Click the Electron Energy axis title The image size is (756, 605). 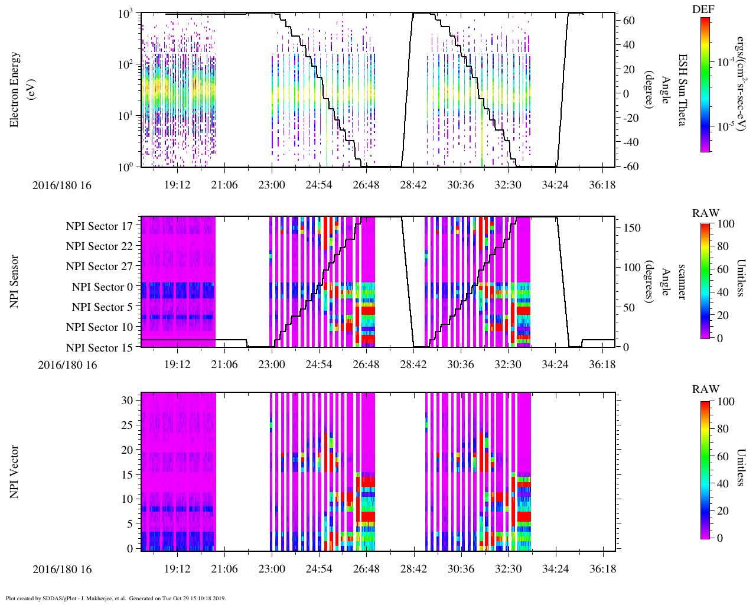click(15, 89)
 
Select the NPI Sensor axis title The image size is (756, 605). click(15, 281)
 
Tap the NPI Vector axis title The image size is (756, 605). click(15, 472)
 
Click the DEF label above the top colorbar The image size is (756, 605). click(703, 9)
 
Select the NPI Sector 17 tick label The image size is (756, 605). click(99, 226)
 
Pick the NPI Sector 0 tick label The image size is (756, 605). click(102, 287)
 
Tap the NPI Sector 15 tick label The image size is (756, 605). click(99, 348)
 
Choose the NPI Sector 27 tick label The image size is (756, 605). click(99, 266)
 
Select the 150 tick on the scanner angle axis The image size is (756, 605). click(633, 227)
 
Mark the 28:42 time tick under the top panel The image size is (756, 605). click(413, 185)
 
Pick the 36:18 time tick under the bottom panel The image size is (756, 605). click(602, 569)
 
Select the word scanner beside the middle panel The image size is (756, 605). click(682, 281)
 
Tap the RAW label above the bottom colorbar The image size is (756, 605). click(706, 389)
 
